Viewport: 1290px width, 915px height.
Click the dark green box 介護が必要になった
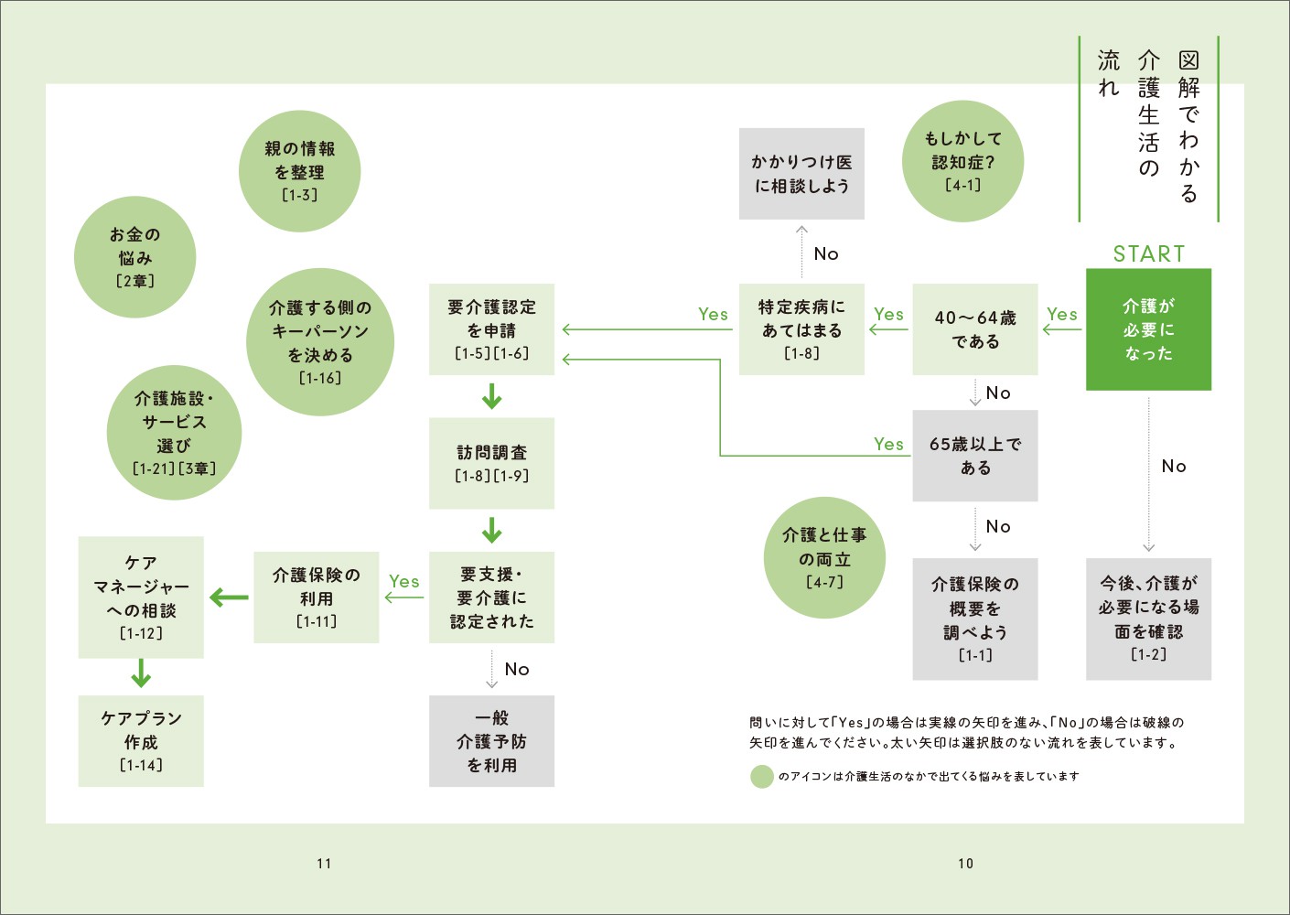tap(1148, 329)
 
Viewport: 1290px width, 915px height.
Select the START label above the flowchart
tap(1148, 253)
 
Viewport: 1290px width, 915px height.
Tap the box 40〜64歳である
tap(974, 329)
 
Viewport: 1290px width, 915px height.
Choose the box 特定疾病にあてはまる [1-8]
tap(801, 329)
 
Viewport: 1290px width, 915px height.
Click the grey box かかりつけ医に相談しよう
tap(801, 174)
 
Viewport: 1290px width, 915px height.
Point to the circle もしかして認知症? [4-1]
tap(962, 161)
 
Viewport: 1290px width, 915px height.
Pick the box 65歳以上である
tap(974, 456)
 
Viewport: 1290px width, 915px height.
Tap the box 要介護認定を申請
tap(491, 329)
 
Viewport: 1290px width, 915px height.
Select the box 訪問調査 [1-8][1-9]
tap(491, 463)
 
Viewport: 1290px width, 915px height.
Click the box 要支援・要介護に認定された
tap(491, 597)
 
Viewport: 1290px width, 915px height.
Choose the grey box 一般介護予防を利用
tap(491, 741)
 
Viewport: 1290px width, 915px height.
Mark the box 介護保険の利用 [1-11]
tap(316, 597)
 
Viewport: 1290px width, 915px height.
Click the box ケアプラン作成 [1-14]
tap(141, 741)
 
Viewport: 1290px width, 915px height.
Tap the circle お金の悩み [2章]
tap(134, 257)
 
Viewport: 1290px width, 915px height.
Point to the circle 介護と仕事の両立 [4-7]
tap(824, 557)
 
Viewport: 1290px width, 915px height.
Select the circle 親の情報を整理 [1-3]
tap(299, 171)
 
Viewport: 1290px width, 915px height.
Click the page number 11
tap(324, 863)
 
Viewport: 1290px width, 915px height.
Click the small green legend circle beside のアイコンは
tap(761, 777)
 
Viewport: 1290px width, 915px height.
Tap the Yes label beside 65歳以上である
tap(888, 444)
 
